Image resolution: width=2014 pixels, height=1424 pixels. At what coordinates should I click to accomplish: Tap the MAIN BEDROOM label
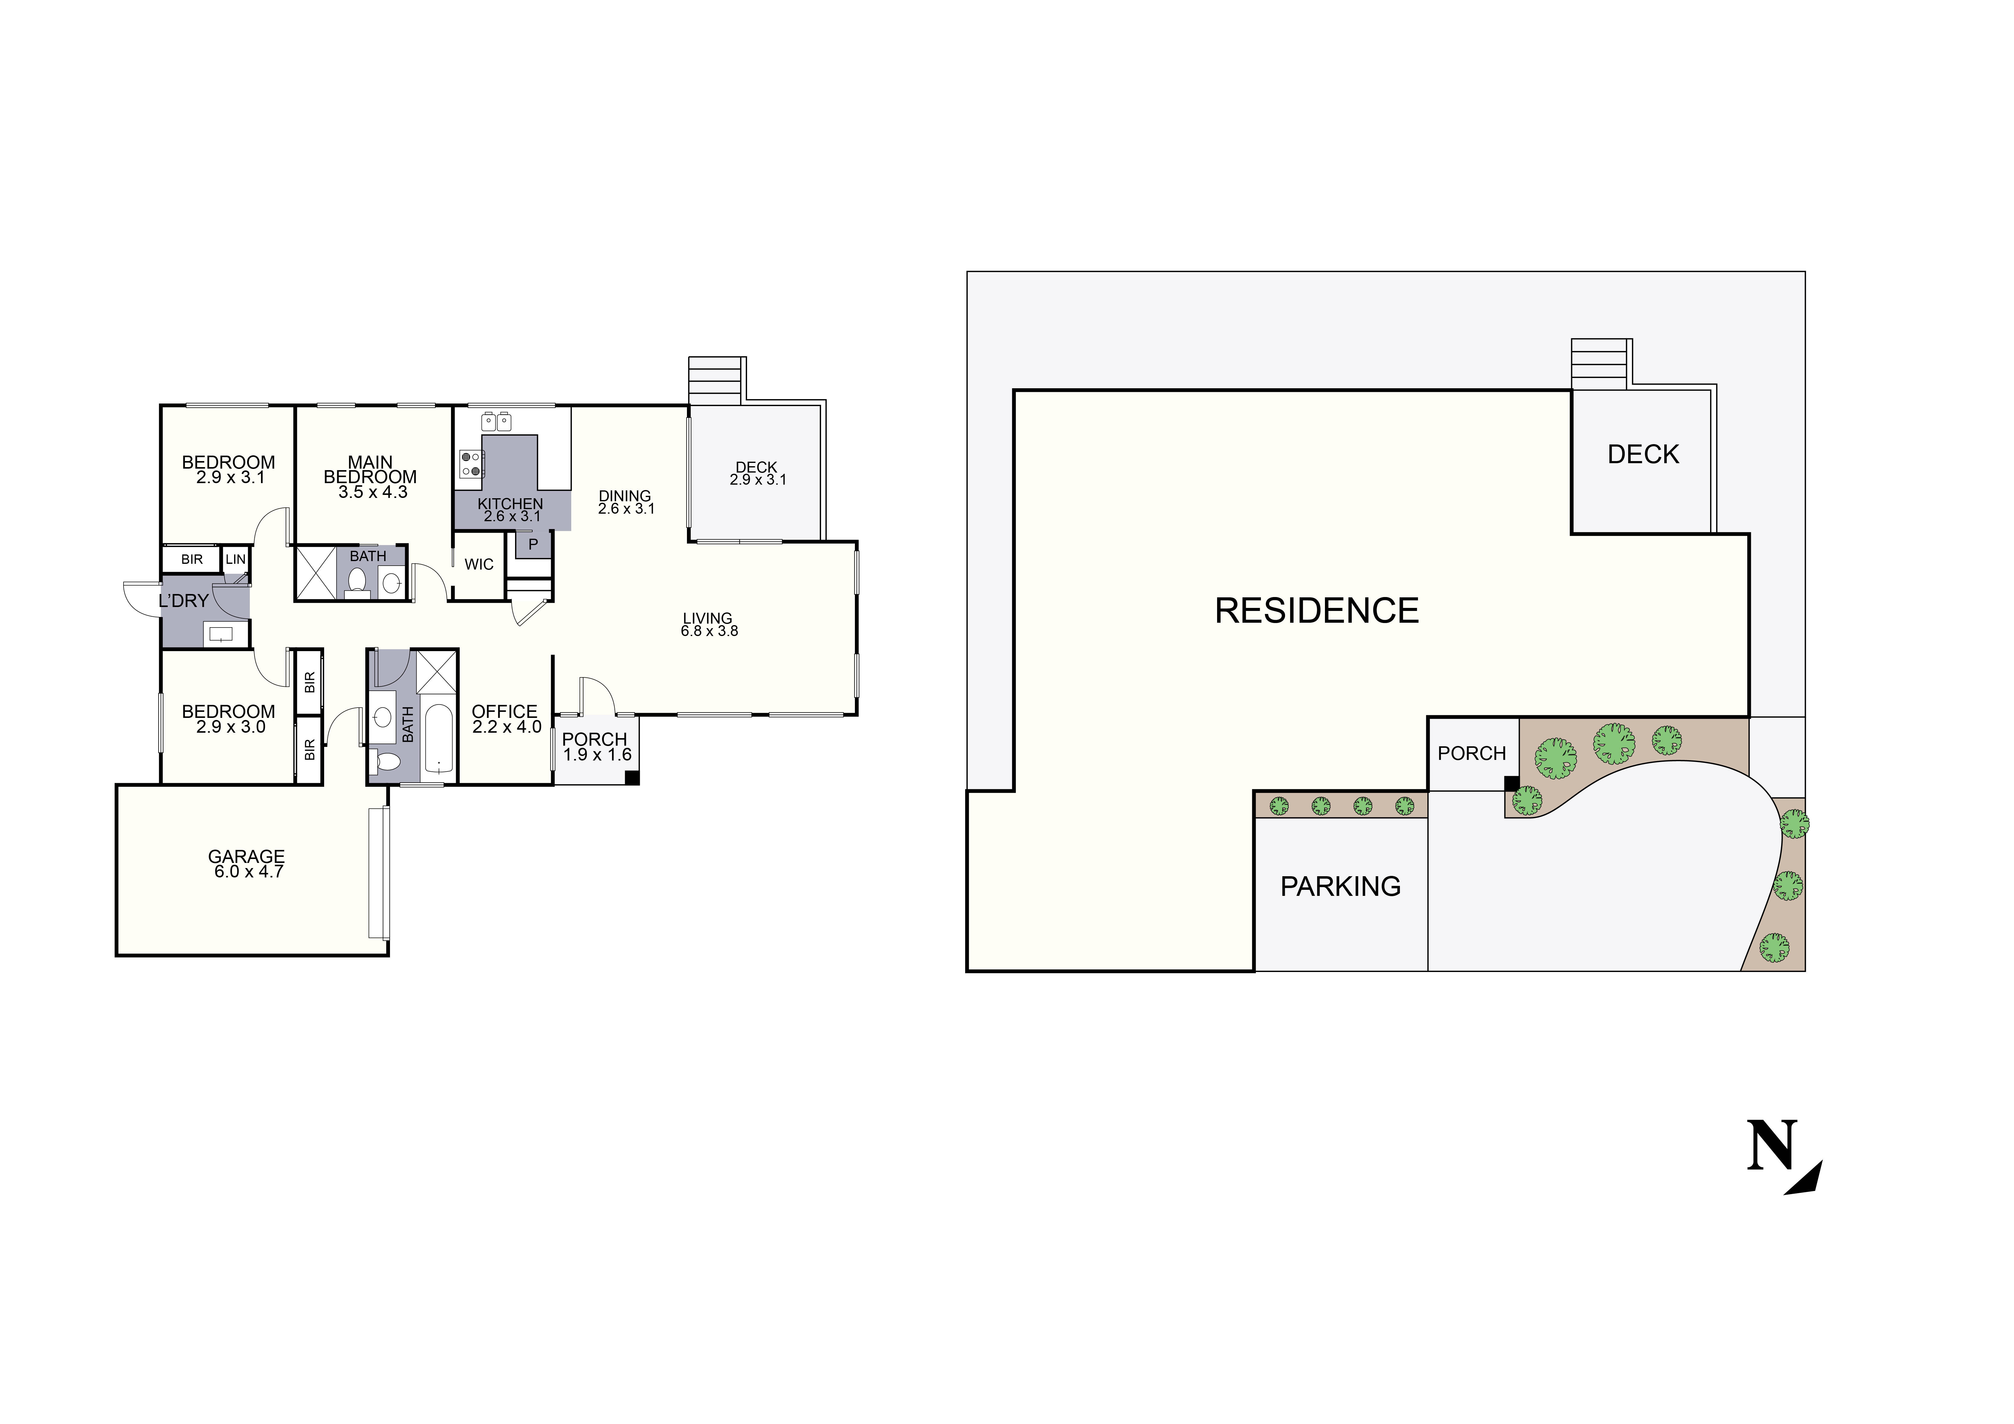(370, 470)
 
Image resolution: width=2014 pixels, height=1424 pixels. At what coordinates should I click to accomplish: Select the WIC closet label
(479, 564)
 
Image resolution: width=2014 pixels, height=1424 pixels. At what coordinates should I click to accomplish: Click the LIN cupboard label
(235, 559)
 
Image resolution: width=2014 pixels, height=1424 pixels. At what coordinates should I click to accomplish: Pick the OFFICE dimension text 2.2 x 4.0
(506, 727)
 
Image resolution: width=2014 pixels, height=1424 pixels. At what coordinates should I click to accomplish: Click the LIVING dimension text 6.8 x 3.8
(709, 631)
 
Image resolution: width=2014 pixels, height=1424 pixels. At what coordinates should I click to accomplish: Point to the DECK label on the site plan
(1643, 454)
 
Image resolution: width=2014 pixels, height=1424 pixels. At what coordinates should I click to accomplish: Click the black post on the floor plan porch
(632, 777)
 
